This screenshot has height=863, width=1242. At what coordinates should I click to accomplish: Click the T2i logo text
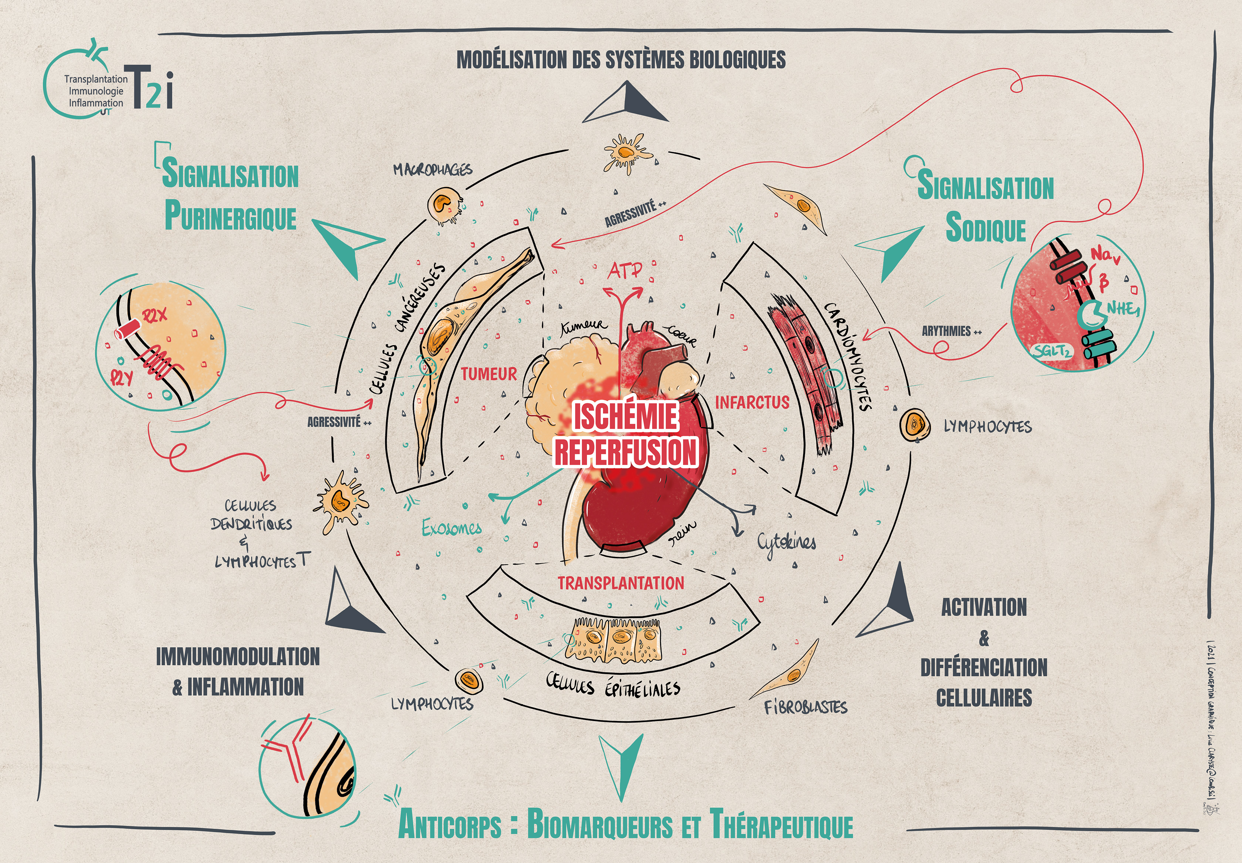tap(151, 88)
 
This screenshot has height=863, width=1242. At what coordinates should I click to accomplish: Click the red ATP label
tap(625, 271)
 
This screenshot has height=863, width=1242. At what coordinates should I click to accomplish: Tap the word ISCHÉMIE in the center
tap(625, 416)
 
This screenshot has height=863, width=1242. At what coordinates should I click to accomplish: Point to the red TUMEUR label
tap(489, 374)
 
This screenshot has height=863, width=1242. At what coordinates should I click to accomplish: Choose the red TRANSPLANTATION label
tap(621, 583)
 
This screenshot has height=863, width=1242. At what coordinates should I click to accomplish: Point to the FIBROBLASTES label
tap(805, 707)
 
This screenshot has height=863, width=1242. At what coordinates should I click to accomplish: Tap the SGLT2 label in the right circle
tap(1052, 351)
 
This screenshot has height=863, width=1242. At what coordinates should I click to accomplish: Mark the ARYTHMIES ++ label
tap(951, 331)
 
